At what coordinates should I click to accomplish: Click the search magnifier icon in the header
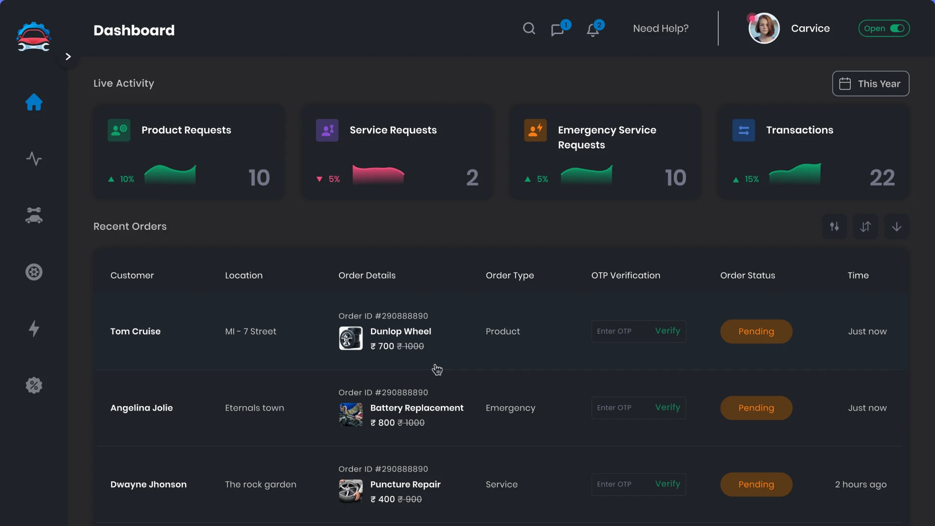[529, 29]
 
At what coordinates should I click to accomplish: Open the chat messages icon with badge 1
[558, 30]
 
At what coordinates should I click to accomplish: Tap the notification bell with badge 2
[593, 30]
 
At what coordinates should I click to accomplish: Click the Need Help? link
[660, 29]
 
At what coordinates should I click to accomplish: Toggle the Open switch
[897, 29]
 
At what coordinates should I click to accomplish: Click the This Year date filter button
[870, 84]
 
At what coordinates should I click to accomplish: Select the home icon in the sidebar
[34, 102]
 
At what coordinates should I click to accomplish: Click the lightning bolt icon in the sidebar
[34, 329]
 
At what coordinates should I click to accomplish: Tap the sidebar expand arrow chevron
[68, 57]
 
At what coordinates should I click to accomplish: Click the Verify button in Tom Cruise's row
[667, 331]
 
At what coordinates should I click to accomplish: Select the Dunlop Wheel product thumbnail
[351, 338]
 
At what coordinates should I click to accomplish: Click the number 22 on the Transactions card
[882, 178]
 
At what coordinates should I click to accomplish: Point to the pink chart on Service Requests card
[378, 175]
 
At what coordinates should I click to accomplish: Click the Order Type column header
[509, 276]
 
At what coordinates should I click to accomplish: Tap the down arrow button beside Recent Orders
[896, 227]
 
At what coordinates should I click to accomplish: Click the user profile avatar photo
[764, 29]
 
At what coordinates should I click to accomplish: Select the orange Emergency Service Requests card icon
[535, 131]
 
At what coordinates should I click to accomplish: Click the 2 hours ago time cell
[860, 485]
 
